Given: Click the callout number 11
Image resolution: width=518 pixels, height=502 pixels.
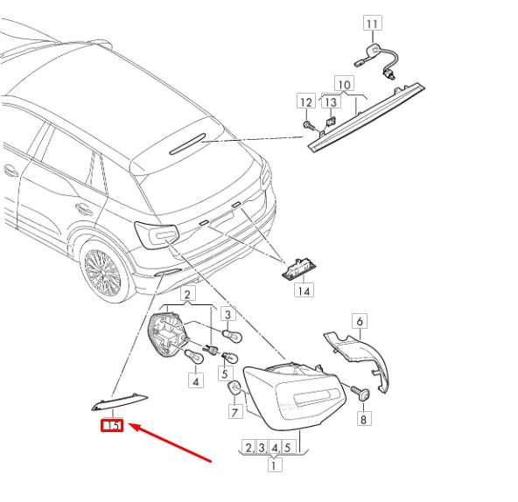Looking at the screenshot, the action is pos(373,23).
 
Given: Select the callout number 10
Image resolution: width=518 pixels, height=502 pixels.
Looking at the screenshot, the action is pos(345,84).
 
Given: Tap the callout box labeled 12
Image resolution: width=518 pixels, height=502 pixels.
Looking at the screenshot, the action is pos(306,101).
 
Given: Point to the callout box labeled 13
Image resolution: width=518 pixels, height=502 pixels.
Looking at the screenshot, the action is pos(331,101).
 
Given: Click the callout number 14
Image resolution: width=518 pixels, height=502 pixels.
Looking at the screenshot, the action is pos(304,290).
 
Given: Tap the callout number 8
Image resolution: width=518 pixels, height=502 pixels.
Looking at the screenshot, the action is pos(364,419).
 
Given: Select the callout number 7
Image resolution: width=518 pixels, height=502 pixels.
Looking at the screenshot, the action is pos(234,412).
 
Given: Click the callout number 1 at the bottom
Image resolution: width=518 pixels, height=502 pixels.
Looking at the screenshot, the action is pos(275,465).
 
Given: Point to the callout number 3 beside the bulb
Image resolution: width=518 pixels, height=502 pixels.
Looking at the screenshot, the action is pos(228,314).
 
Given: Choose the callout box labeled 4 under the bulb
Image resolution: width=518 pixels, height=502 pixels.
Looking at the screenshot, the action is pos(196,380).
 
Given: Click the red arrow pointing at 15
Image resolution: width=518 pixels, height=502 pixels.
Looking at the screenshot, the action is pos(170,443).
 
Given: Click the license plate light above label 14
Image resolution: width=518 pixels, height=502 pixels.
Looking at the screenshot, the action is pos(299,268).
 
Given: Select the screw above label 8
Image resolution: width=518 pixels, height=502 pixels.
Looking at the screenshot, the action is pos(361,393).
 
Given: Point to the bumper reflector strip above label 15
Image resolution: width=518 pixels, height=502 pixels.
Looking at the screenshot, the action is pos(119,401).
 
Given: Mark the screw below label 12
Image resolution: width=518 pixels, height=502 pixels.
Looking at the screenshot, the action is pos(308,125).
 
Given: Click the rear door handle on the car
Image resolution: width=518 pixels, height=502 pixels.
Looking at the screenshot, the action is pos(84,209).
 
